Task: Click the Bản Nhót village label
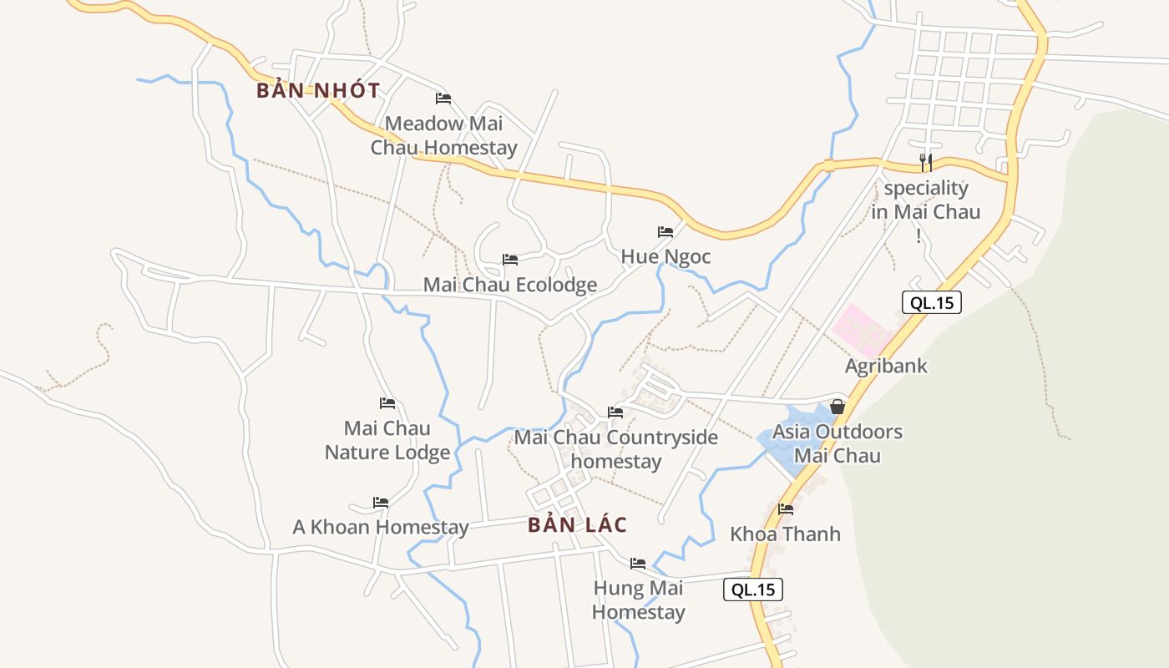click(x=318, y=90)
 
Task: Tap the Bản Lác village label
click(x=577, y=525)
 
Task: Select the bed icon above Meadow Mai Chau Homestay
click(x=443, y=99)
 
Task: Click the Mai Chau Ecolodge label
click(x=510, y=285)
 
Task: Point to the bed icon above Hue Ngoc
click(x=665, y=231)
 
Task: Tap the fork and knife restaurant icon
click(x=925, y=162)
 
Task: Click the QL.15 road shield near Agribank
click(x=932, y=302)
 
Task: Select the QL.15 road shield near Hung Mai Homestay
click(x=753, y=590)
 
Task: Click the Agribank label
click(x=886, y=366)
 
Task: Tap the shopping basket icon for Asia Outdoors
click(x=838, y=407)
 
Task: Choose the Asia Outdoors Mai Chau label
click(x=838, y=443)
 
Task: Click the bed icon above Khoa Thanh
click(x=786, y=509)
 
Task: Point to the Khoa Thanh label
click(x=786, y=534)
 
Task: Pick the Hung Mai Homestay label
click(x=639, y=600)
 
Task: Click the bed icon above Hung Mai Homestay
click(x=638, y=563)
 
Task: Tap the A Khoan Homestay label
click(x=381, y=528)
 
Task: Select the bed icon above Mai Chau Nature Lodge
click(x=387, y=403)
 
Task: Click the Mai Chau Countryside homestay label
click(x=616, y=449)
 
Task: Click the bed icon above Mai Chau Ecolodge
click(x=510, y=260)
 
